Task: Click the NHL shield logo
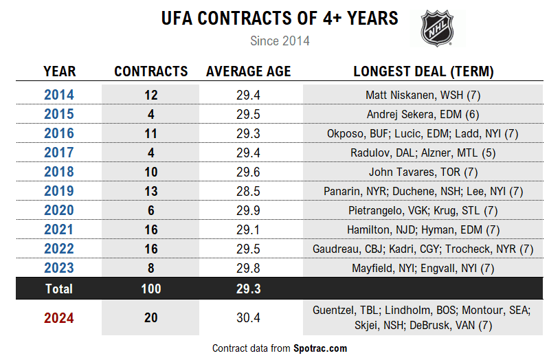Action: coord(436,27)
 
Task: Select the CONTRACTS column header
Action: coord(150,71)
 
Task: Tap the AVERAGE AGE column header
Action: coord(248,71)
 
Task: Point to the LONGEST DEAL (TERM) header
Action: coord(423,71)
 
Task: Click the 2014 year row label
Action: coord(59,95)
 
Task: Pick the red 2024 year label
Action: coord(59,318)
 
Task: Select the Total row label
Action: coord(59,289)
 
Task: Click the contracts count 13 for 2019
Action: coord(150,191)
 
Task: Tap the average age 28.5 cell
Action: coord(248,191)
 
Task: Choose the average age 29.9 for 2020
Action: coord(248,210)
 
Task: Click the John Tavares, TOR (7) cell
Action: coord(423,172)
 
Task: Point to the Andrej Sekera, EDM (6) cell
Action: coord(423,114)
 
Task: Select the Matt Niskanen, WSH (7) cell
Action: coord(423,95)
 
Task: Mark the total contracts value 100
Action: coord(150,289)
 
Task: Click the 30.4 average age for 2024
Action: coord(248,318)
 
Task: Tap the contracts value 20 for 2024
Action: coord(150,318)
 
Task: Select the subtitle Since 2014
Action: coord(280,41)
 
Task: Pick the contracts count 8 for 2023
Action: coord(150,268)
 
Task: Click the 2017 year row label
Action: coord(59,153)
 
